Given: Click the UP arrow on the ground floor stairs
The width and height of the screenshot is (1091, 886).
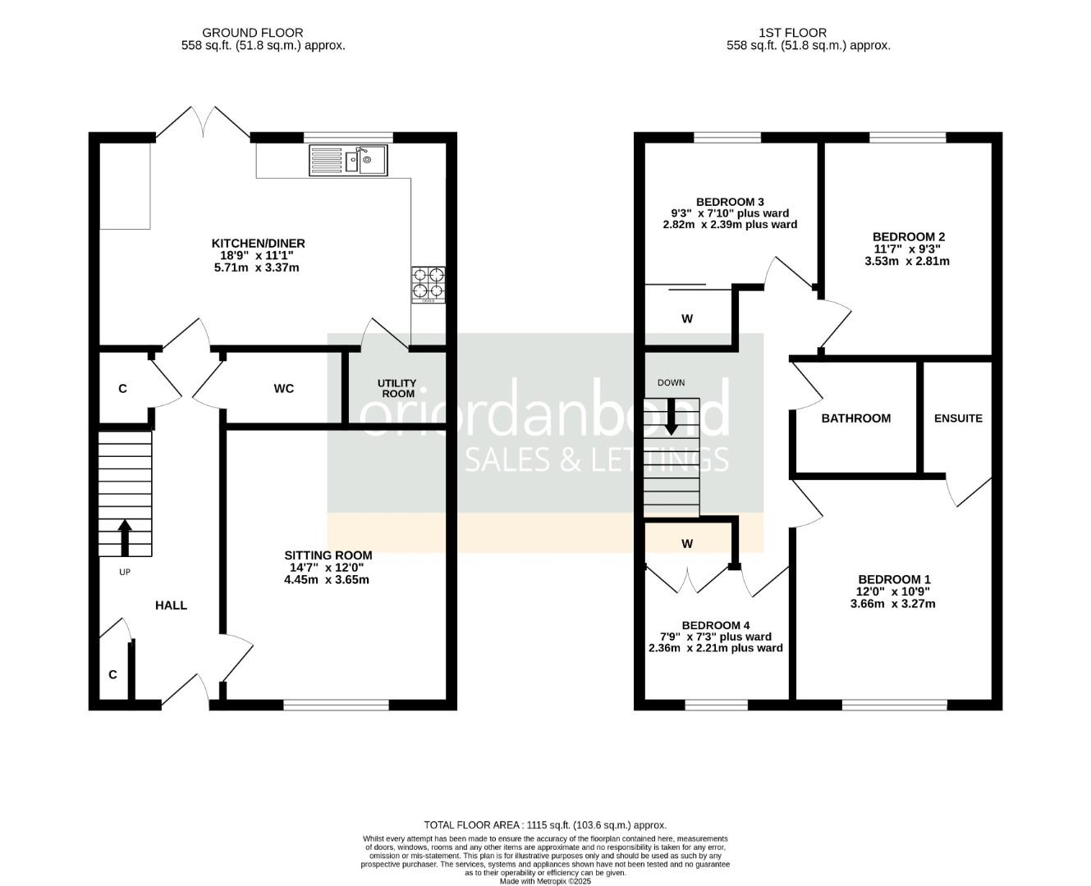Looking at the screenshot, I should tap(125, 537).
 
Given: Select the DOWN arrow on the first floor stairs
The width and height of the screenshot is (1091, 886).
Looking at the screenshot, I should tap(672, 417).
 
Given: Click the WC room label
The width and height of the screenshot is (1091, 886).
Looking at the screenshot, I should tap(284, 388).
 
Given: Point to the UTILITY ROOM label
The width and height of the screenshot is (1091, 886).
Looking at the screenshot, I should tap(397, 388).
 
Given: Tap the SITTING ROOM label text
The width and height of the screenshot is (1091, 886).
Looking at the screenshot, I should tap(328, 555).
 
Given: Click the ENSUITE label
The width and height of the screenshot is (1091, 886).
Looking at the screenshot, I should tap(958, 418).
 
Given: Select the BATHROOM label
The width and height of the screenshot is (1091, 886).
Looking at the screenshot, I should tap(856, 418).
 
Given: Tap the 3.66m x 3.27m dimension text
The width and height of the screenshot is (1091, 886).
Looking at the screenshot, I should tap(893, 604).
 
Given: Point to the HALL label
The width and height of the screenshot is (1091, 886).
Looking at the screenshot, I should tap(172, 605).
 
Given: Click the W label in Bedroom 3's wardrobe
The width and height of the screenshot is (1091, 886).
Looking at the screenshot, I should tap(687, 319).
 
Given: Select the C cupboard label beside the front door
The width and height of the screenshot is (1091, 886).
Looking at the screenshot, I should tap(113, 674).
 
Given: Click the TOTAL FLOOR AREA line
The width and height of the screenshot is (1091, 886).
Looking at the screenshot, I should tap(545, 824).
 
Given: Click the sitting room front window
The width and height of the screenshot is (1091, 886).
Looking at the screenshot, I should tap(336, 704).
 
